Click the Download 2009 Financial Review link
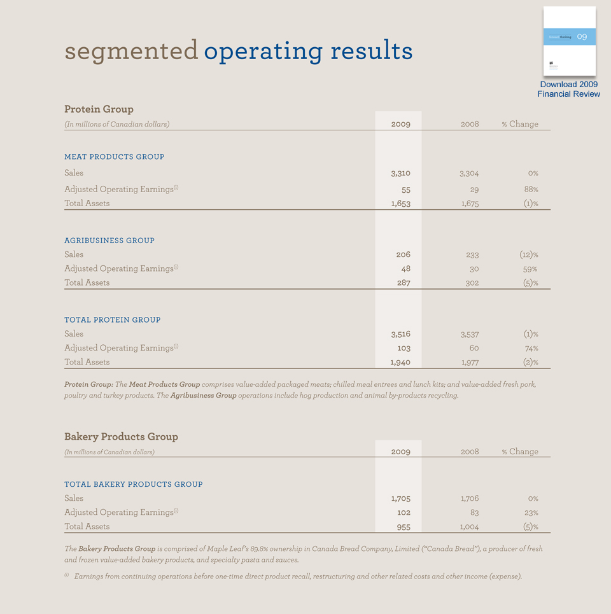coord(569,89)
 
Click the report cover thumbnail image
coord(569,41)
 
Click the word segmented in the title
coord(131,50)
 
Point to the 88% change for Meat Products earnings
coord(531,190)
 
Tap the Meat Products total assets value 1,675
coord(468,204)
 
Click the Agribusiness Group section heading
coord(109,241)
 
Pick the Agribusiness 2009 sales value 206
coord(403,255)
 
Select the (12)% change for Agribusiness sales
coord(528,255)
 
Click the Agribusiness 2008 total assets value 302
coord(472,283)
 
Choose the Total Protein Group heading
coord(112,320)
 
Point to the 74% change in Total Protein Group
coord(531,348)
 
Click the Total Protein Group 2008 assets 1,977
coord(469,362)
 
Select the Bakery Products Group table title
coord(121,436)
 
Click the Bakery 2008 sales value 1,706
coord(469,499)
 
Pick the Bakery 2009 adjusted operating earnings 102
coord(403,513)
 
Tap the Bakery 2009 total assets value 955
coord(403,527)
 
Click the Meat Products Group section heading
coord(114,157)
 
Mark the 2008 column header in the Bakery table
coord(469,452)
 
